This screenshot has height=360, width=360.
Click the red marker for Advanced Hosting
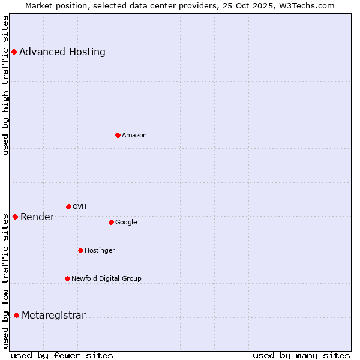click(x=14, y=52)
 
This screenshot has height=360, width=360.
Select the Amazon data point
click(x=118, y=135)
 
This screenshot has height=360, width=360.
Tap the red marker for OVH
click(x=68, y=206)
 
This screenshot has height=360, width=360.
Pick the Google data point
click(x=111, y=222)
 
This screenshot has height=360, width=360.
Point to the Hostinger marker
click(x=80, y=250)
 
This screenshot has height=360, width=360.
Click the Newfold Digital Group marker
click(x=67, y=278)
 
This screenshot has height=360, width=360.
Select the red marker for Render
click(x=15, y=217)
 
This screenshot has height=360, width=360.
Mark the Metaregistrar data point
click(x=16, y=316)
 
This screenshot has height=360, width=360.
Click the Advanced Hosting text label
click(x=62, y=52)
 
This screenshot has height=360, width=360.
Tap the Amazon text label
click(x=134, y=135)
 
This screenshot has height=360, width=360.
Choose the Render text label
click(x=37, y=217)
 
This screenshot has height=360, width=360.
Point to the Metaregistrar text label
click(x=53, y=316)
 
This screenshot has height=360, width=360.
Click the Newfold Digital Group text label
click(x=106, y=278)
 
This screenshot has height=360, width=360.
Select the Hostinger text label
click(x=100, y=250)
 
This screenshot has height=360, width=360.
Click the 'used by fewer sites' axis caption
click(x=62, y=355)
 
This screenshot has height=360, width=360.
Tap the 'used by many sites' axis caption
click(x=301, y=355)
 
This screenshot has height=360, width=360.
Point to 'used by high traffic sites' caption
click(x=6, y=85)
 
